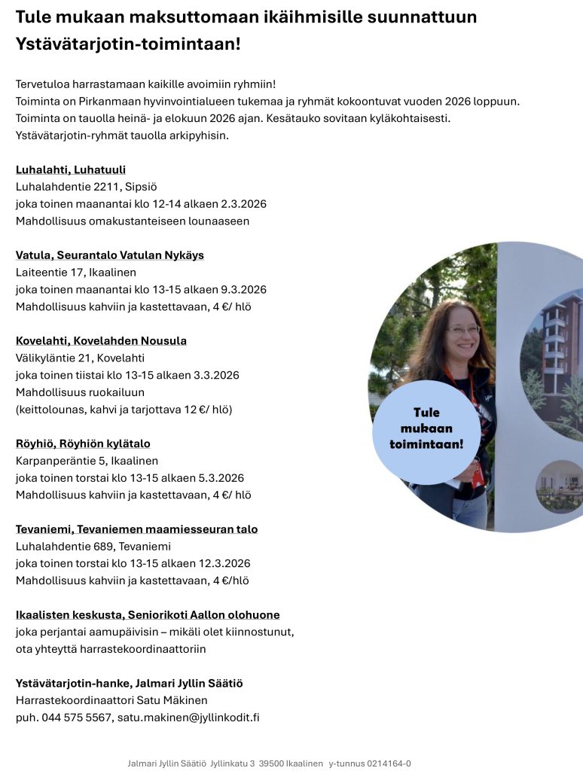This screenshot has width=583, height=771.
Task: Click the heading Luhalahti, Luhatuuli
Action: click(71, 169)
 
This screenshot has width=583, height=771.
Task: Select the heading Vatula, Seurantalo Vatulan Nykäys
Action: click(110, 255)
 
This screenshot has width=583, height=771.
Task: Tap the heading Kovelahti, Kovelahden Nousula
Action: click(101, 341)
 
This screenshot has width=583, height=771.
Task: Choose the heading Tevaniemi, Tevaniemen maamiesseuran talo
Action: click(136, 529)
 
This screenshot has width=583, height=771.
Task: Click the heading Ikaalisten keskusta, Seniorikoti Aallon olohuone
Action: click(148, 615)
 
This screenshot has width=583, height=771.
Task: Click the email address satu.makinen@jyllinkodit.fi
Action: click(188, 718)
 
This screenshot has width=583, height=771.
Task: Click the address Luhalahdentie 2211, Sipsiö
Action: click(86, 187)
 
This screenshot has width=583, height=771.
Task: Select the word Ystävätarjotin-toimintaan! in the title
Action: click(128, 44)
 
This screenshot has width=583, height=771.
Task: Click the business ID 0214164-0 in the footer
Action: click(389, 763)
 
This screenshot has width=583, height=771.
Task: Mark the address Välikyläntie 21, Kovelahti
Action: click(80, 358)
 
